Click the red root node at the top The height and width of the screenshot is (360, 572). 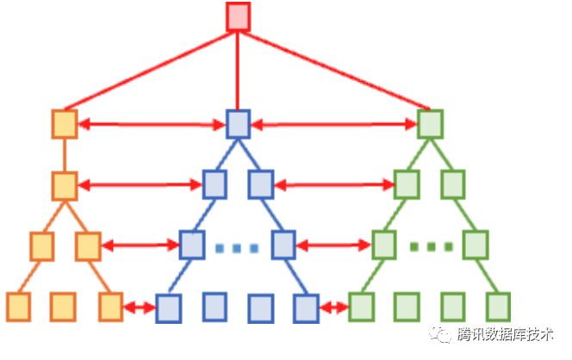click(x=238, y=17)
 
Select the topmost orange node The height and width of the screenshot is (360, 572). click(x=65, y=124)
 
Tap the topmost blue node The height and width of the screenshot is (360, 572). click(x=238, y=124)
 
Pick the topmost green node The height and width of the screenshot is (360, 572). click(x=429, y=124)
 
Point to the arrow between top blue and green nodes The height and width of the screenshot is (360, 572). click(x=333, y=125)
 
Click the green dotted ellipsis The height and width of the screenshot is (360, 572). click(x=430, y=248)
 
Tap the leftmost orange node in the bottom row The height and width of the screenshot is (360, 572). click(x=18, y=305)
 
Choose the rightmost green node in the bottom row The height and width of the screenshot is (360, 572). click(x=498, y=305)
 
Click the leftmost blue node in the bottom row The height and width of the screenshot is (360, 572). click(x=168, y=307)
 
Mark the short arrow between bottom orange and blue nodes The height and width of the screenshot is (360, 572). click(x=139, y=307)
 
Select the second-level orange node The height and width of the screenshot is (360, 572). click(x=65, y=184)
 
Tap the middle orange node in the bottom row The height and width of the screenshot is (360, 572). click(x=62, y=305)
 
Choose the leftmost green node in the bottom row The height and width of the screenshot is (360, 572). click(x=361, y=305)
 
